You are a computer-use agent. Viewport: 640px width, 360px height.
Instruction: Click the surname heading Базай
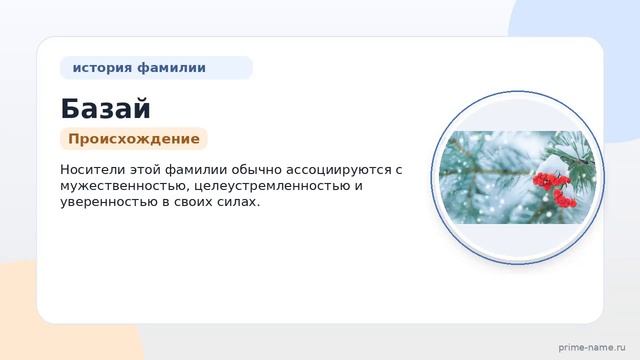[x=105, y=109]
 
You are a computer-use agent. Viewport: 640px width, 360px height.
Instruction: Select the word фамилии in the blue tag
[x=171, y=68]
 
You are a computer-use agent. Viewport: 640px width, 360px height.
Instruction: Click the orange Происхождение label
[x=134, y=139]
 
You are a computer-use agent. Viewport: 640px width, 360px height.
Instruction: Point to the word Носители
[x=93, y=169]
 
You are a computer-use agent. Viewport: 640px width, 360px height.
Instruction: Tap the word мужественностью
[x=124, y=186]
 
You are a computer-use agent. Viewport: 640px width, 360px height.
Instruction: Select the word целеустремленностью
[x=272, y=186]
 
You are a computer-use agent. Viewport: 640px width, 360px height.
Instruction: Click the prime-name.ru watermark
[x=592, y=348]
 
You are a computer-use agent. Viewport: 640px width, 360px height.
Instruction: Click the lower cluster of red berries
[x=564, y=199]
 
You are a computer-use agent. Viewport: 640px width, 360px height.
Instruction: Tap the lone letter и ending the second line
[x=358, y=187]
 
